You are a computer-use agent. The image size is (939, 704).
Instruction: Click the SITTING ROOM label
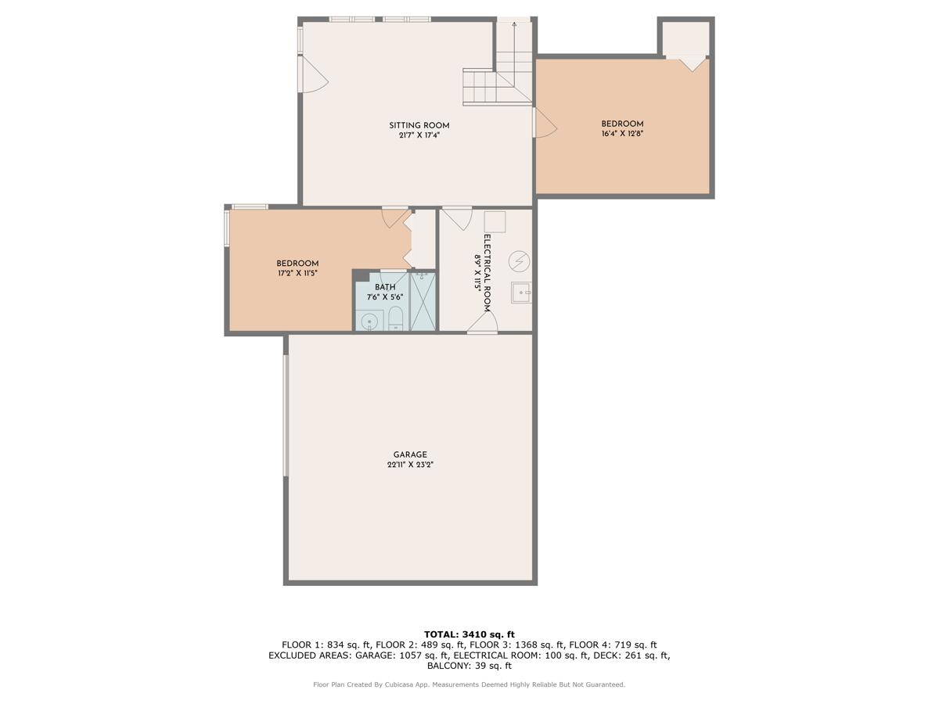(419, 125)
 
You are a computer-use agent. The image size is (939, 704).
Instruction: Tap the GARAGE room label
(410, 454)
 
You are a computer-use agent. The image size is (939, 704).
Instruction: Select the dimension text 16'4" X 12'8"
(622, 134)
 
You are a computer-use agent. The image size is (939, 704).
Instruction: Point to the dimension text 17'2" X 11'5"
(297, 274)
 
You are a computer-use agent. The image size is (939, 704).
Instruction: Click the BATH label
(384, 287)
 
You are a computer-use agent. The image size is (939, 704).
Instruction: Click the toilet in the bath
(395, 318)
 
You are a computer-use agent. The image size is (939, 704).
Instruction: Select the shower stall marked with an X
(423, 300)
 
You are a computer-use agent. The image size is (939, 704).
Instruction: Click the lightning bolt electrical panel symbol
(519, 260)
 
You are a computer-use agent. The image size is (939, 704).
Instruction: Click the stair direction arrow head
(514, 25)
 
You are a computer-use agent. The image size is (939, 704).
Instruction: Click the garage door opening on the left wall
(286, 415)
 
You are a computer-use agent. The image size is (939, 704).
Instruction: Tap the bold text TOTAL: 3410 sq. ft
(469, 634)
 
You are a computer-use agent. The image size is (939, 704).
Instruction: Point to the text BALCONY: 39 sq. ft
(469, 666)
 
